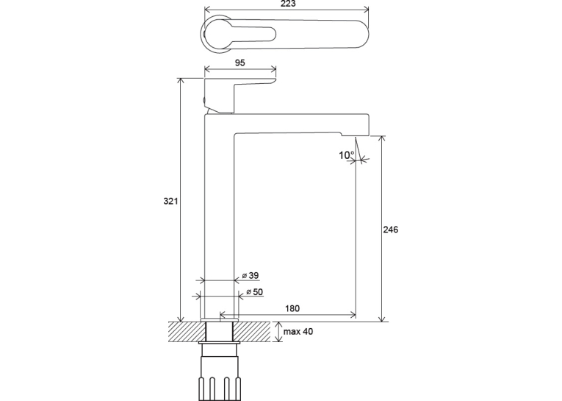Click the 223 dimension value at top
tap(288, 4)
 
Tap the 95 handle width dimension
tap(239, 63)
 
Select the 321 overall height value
tap(170, 201)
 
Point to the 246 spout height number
tap(390, 230)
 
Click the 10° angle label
tap(347, 155)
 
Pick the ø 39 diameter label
tap(251, 276)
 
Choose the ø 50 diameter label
tap(254, 292)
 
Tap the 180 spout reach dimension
tap(292, 308)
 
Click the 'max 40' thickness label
tap(298, 331)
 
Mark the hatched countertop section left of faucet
tap(187, 332)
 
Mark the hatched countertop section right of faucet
tap(252, 332)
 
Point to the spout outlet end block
tap(355, 125)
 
